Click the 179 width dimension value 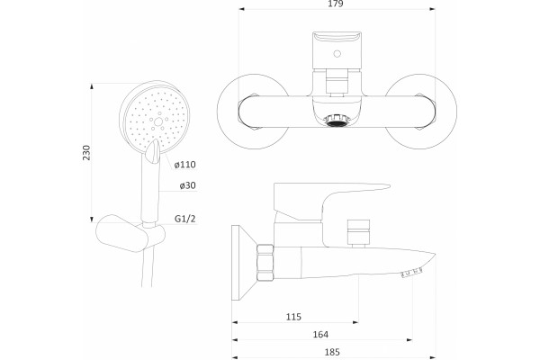tap(336, 4)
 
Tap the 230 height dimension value tap(86, 152)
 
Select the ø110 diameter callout tap(184, 165)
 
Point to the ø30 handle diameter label tap(187, 185)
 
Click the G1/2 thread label tap(185, 219)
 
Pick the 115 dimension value tap(293, 317)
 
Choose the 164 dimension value tap(320, 334)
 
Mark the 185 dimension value tap(332, 352)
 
